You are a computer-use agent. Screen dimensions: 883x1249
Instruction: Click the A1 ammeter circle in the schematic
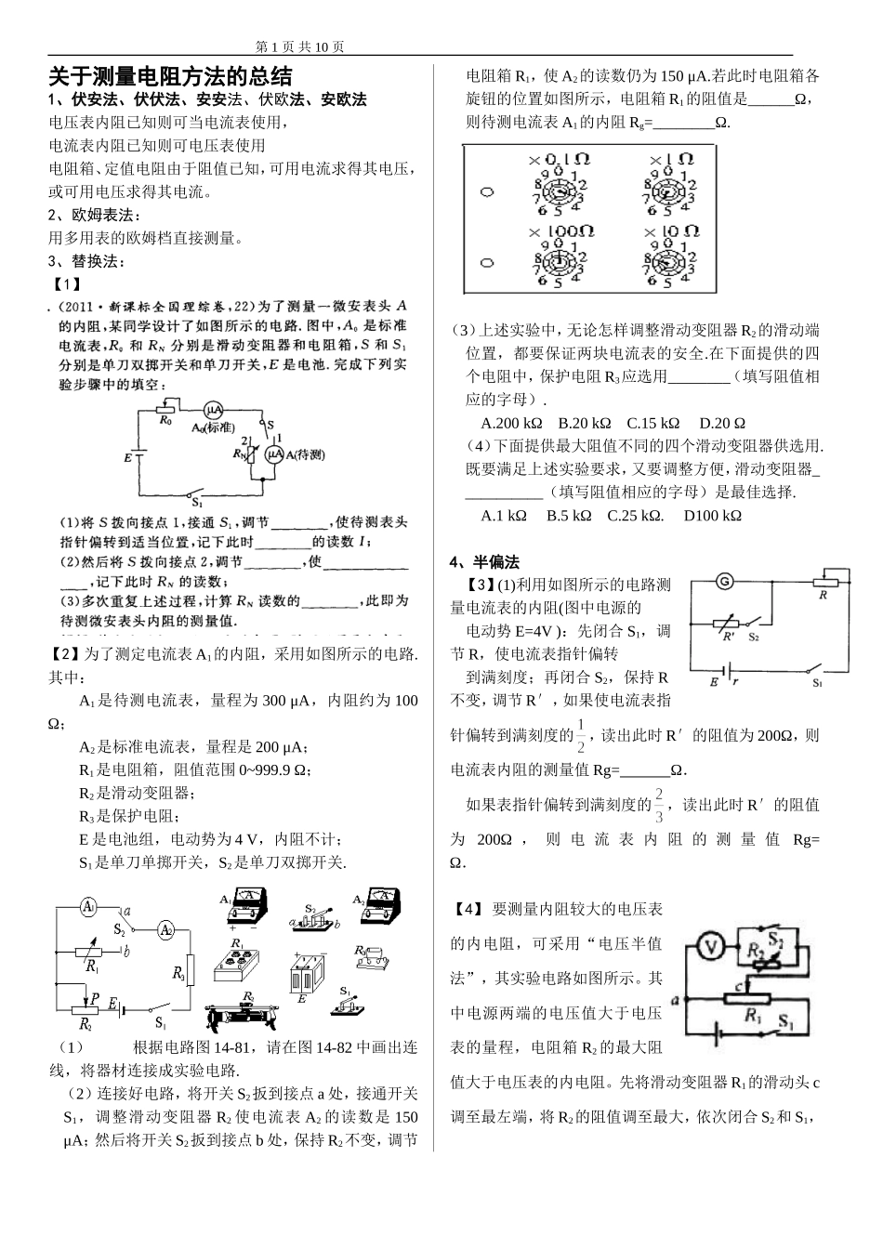pos(87,906)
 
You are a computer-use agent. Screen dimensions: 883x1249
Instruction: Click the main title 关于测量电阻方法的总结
pos(170,76)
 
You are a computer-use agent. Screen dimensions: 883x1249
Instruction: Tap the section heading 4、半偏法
pos(484,561)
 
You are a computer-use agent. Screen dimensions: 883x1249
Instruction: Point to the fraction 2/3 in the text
pos(659,805)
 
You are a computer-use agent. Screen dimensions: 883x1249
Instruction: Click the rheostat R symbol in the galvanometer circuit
pos(823,583)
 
